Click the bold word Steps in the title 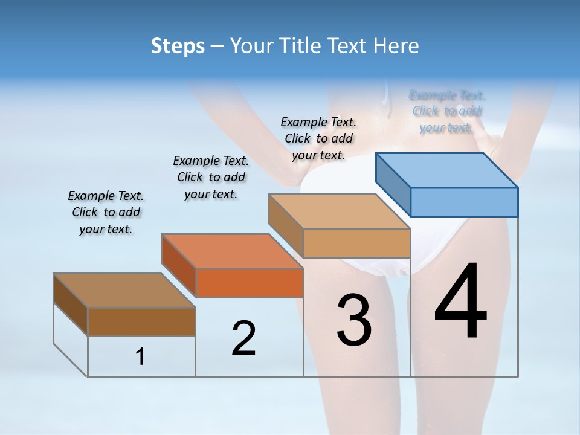pyautogui.click(x=178, y=46)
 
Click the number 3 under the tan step pyautogui.click(x=354, y=320)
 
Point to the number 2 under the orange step pyautogui.click(x=243, y=338)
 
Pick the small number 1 pyautogui.click(x=140, y=357)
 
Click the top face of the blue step pyautogui.click(x=447, y=170)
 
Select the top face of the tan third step pyautogui.click(x=339, y=211)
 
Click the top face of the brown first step pyautogui.click(x=124, y=291)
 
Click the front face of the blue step pyautogui.click(x=464, y=202)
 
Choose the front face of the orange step pyautogui.click(x=250, y=283)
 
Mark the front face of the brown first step pyautogui.click(x=141, y=321)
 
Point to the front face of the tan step pyautogui.click(x=356, y=243)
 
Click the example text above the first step pyautogui.click(x=106, y=213)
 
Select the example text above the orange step pyautogui.click(x=211, y=178)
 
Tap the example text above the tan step pyautogui.click(x=318, y=138)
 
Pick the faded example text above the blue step pyautogui.click(x=447, y=111)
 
